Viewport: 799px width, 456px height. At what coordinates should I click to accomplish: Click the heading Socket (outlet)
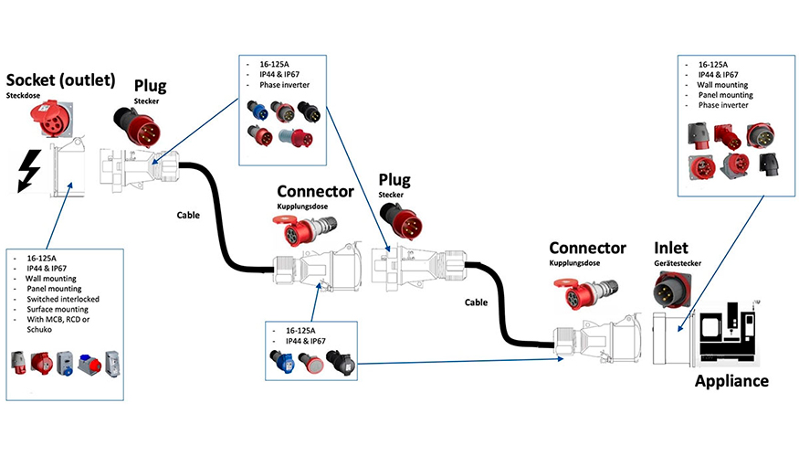tap(61, 80)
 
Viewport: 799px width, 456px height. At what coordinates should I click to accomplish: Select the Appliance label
tap(732, 380)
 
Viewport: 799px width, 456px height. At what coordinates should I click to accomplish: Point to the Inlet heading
tap(672, 248)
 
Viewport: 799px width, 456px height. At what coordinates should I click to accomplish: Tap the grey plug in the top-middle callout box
tap(295, 137)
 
